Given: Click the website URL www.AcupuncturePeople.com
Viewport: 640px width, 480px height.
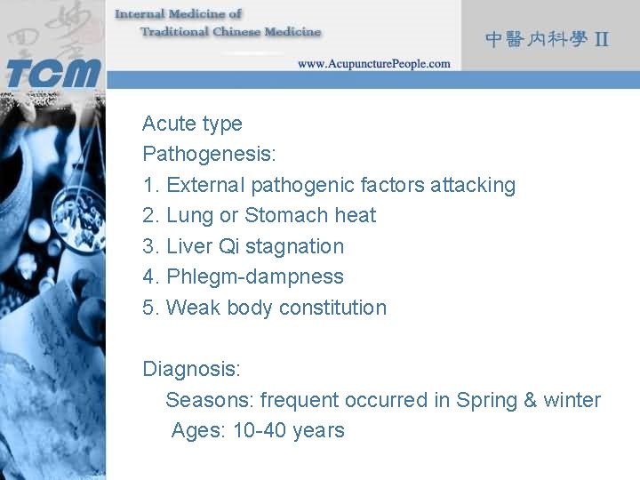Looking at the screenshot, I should click(x=373, y=64).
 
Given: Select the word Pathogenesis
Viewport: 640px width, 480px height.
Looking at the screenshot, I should click(x=208, y=155).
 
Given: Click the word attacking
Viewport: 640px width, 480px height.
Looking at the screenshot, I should click(x=472, y=185).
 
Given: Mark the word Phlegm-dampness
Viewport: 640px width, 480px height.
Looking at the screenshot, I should click(x=254, y=276).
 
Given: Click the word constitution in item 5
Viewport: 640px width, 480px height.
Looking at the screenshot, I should click(x=332, y=308).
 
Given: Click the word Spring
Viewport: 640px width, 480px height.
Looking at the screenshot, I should click(x=487, y=400).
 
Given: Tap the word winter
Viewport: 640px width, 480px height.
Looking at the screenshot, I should click(x=572, y=400).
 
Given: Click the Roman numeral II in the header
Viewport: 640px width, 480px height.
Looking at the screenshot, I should click(x=602, y=39).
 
